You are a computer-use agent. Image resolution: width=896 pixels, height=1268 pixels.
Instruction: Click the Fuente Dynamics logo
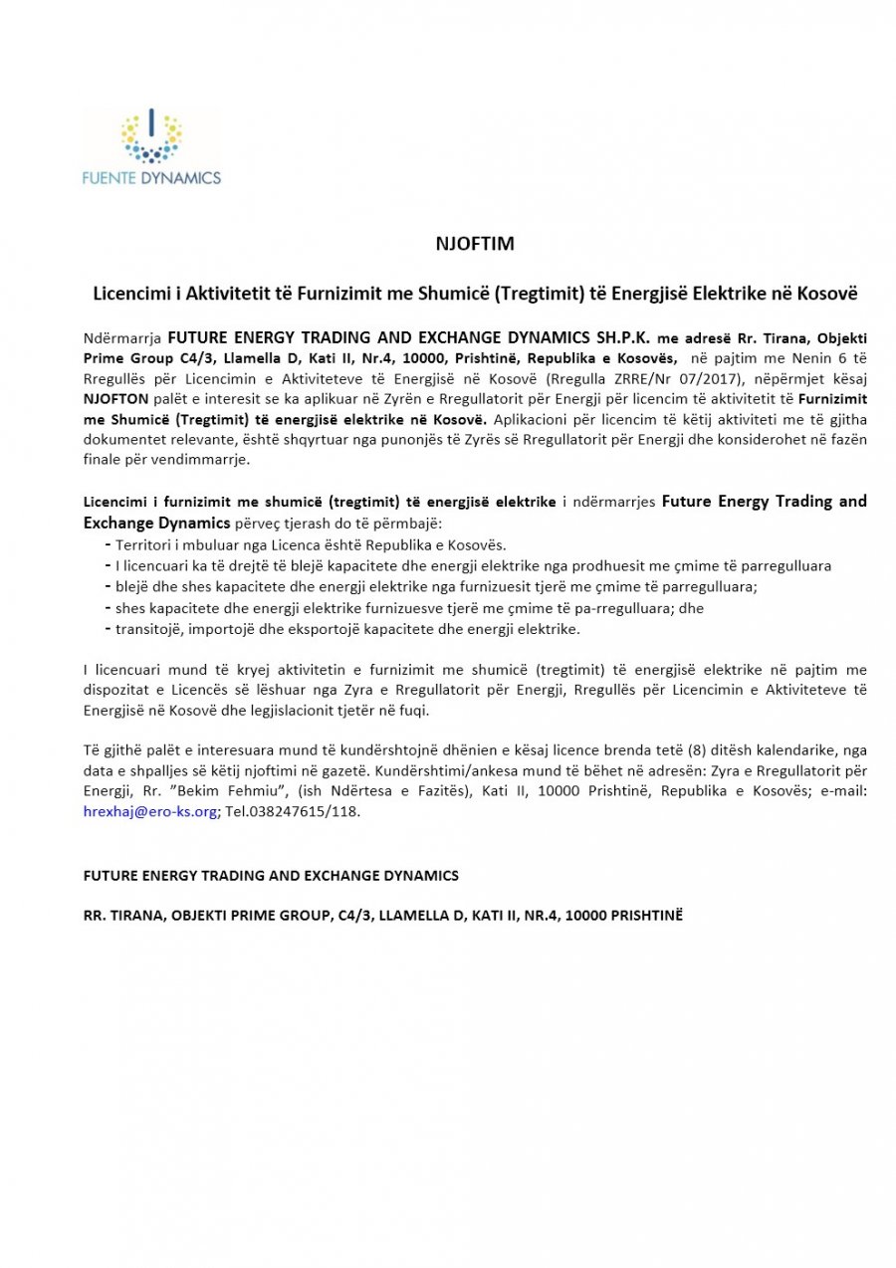pos(152,147)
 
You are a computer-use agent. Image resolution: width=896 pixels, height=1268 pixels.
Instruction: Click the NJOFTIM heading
pos(475,243)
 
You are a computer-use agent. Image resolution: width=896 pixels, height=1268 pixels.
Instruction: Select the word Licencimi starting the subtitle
pos(128,295)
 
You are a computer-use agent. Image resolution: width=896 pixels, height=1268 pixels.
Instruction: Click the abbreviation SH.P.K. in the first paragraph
pos(618,338)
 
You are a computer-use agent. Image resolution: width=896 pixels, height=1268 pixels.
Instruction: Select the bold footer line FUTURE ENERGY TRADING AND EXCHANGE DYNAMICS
pos(271,876)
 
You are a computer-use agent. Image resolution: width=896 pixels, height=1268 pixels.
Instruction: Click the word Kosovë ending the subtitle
pos(829,295)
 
